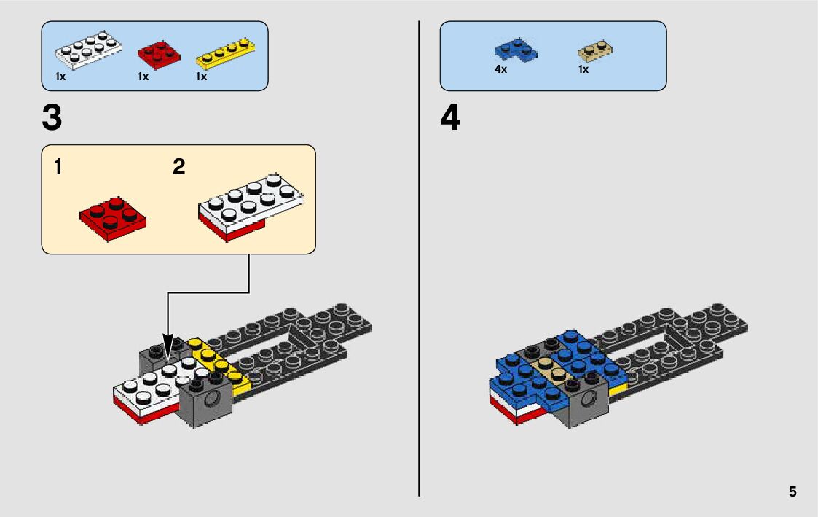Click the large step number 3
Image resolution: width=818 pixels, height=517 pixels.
[x=52, y=119]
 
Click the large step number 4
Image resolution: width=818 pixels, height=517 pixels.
[x=450, y=119]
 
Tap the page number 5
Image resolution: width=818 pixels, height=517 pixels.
[x=793, y=492]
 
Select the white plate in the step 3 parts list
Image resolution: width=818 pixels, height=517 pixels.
[x=87, y=52]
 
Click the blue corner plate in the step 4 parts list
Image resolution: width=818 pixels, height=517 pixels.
[x=514, y=50]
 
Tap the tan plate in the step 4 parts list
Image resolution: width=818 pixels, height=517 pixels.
[x=594, y=50]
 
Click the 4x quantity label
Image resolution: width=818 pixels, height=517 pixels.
[x=500, y=70]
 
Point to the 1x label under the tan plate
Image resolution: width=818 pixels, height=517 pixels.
[x=583, y=70]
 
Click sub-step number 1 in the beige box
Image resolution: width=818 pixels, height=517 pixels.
[x=58, y=167]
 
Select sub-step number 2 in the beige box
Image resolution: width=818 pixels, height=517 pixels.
[x=179, y=167]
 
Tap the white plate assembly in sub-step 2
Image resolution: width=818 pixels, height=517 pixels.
[x=250, y=206]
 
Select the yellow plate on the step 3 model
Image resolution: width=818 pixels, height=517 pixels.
[x=219, y=362]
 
